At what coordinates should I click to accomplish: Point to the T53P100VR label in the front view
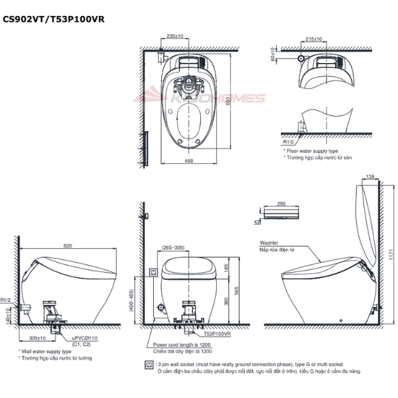(218, 335)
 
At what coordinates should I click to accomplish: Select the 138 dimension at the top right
(370, 176)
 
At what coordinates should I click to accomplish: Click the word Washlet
(269, 243)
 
